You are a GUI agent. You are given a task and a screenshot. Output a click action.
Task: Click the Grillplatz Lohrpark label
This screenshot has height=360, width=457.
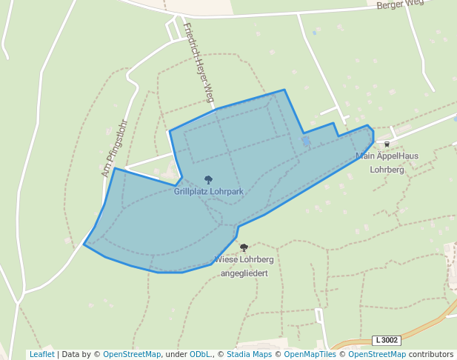click(x=208, y=191)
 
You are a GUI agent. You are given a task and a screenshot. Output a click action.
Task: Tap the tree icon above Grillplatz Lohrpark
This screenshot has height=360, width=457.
click(x=208, y=180)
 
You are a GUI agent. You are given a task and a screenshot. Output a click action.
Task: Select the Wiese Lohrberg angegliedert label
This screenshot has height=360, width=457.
click(x=244, y=266)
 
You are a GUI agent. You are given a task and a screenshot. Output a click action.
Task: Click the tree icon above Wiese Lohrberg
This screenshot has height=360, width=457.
click(x=244, y=248)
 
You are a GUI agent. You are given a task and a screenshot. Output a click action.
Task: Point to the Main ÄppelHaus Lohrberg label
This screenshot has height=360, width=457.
click(x=387, y=162)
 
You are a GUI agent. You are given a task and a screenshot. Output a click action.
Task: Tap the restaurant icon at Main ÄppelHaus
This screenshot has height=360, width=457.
click(x=387, y=144)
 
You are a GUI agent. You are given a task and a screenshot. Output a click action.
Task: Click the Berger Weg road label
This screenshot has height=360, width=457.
click(x=400, y=4)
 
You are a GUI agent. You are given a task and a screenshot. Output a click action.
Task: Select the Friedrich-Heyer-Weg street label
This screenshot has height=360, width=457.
click(x=199, y=62)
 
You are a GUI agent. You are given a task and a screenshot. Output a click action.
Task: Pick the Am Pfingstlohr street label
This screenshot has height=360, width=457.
click(x=115, y=148)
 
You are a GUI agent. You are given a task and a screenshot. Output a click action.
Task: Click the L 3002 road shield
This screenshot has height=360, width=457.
click(x=387, y=340)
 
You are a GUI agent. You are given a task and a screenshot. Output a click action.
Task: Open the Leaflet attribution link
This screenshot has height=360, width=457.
click(x=41, y=355)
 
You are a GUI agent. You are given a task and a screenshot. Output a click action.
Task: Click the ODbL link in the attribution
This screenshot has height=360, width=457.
click(x=199, y=355)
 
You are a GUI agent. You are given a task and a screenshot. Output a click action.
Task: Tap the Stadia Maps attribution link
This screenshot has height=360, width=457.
click(x=249, y=355)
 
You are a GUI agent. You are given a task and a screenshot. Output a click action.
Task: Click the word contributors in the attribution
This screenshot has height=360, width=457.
click(x=431, y=355)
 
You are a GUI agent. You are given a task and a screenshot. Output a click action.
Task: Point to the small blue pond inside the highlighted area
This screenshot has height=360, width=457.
click(x=306, y=141)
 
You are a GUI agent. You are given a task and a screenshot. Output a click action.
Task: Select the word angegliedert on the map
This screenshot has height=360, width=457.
click(x=244, y=273)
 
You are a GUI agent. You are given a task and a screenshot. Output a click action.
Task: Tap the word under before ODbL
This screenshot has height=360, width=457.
click(x=176, y=355)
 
